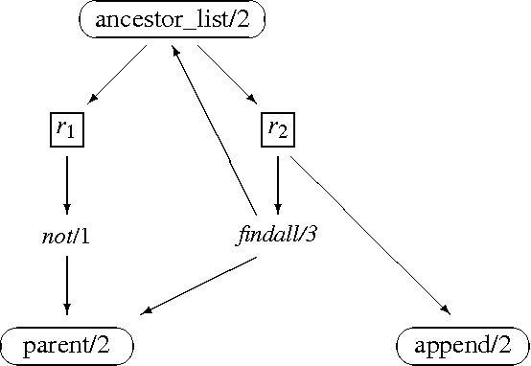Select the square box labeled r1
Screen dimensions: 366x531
pos(66,129)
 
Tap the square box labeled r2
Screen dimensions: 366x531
pos(277,129)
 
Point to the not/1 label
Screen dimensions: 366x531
pos(66,237)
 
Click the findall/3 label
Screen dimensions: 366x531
pos(276,237)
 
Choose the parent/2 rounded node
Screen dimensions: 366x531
pos(66,346)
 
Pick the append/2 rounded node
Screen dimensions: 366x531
pos(462,346)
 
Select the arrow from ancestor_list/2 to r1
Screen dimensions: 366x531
pos(120,73)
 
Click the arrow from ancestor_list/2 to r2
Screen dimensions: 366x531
pos(225,73)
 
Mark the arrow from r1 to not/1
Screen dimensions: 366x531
pos(66,182)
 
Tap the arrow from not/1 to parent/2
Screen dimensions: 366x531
pos(66,285)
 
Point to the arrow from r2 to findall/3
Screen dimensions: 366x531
pos(277,182)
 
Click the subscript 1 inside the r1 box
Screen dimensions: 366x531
pos(73,133)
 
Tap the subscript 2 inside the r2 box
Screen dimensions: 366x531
pos(284,133)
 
